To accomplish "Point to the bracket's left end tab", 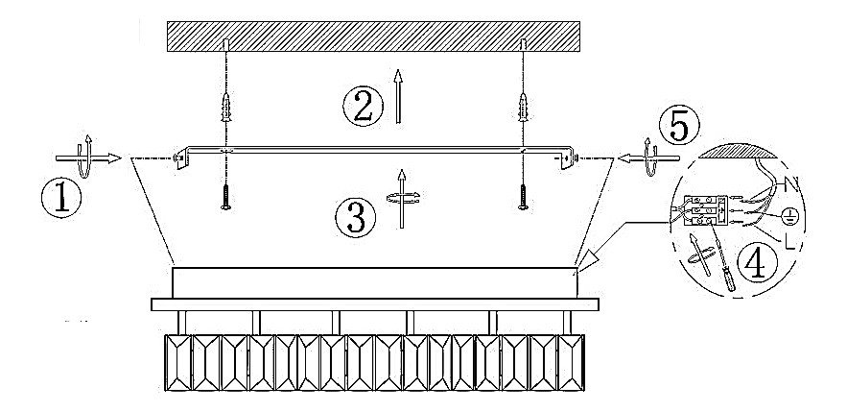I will [179, 158].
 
